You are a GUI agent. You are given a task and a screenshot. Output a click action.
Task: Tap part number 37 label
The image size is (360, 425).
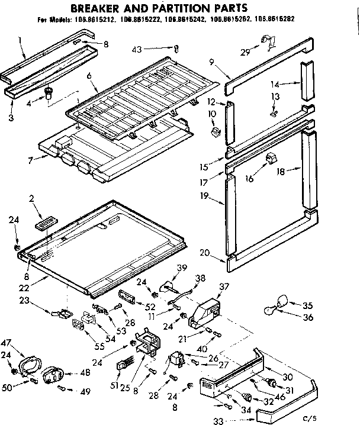pos(224,287)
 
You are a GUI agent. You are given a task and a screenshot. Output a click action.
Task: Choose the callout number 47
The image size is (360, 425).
pos(8,343)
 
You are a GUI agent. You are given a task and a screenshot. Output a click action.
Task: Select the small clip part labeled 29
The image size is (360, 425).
pos(268,42)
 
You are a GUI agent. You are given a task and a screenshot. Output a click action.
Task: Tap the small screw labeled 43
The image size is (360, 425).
pos(176,49)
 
